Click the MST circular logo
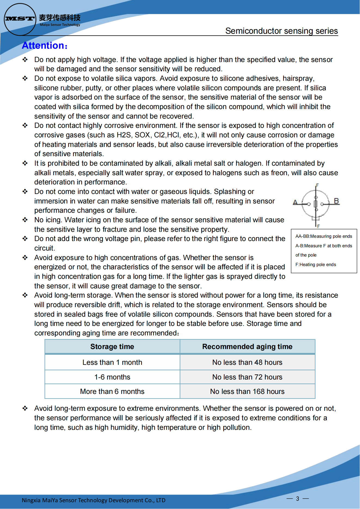pyautogui.click(x=20, y=19)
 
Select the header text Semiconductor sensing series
pyautogui.click(x=281, y=31)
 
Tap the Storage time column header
pyautogui.click(x=112, y=347)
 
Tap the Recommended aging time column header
pyautogui.click(x=247, y=347)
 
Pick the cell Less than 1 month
pyautogui.click(x=112, y=362)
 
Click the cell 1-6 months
pyautogui.click(x=112, y=377)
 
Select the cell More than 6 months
pyautogui.click(x=112, y=391)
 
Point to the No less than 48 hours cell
pyautogui.click(x=247, y=362)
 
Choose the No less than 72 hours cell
pyautogui.click(x=247, y=377)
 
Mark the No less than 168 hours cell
pyautogui.click(x=247, y=391)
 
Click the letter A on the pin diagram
pyautogui.click(x=295, y=202)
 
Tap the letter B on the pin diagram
pyautogui.click(x=336, y=201)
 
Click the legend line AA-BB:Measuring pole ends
pyautogui.click(x=324, y=236)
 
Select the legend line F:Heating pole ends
pyautogui.click(x=316, y=265)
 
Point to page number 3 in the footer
pyautogui.click(x=298, y=499)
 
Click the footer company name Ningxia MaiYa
pyautogui.click(x=93, y=500)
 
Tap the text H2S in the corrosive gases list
pyautogui.click(x=124, y=135)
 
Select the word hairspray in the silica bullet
pyautogui.click(x=298, y=79)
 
